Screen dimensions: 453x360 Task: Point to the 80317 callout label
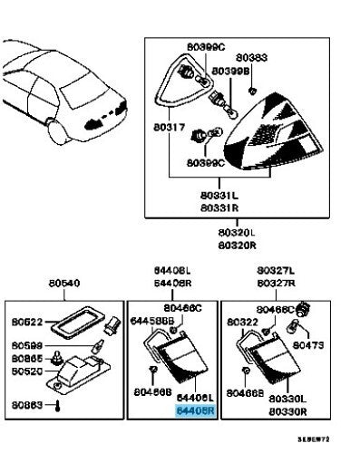pos(170,128)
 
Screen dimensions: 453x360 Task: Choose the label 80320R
pos(238,245)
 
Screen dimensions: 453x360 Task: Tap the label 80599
pos(28,347)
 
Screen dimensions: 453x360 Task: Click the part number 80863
pos(28,404)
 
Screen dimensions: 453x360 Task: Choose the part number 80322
pos(242,321)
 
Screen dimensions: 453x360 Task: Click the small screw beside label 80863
pos(59,405)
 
